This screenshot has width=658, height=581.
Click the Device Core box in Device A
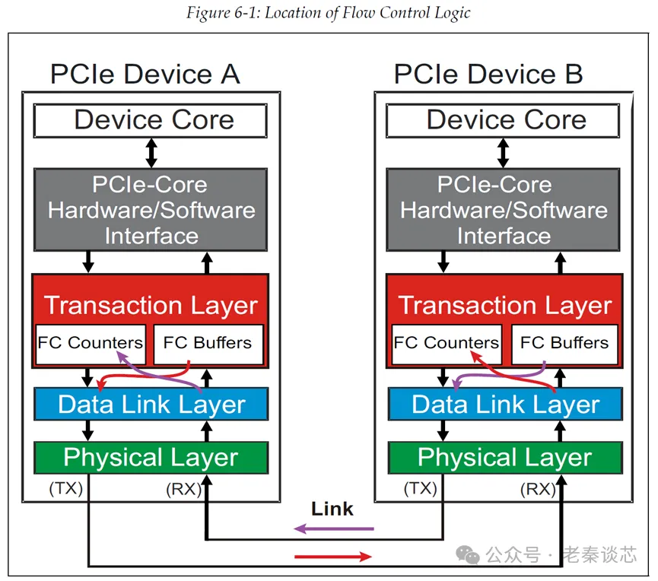(151, 120)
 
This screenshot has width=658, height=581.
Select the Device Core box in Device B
(503, 120)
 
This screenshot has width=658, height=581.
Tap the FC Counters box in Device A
(90, 343)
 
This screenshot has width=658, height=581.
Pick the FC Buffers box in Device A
(208, 343)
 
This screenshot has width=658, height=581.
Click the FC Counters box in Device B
(446, 343)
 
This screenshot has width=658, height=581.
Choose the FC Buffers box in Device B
(564, 343)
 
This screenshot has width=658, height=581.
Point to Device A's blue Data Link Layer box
(151, 404)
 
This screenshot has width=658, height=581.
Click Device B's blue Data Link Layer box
(504, 404)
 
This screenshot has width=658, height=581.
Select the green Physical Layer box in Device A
(151, 457)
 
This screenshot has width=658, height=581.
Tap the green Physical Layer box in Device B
(504, 457)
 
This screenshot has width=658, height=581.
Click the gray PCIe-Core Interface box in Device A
(151, 209)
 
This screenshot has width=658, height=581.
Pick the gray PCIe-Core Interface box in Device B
(503, 209)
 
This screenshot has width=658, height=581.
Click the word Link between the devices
(332, 509)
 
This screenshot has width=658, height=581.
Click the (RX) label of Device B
(537, 488)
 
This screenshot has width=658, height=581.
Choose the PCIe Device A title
(145, 75)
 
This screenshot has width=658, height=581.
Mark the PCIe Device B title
(488, 75)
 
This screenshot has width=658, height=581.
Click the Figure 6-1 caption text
(329, 12)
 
